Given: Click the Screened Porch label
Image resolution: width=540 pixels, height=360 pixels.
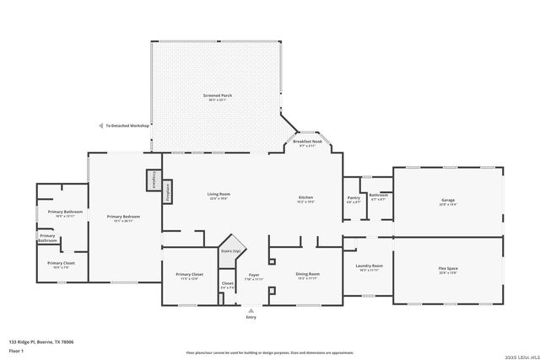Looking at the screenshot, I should click(x=218, y=96).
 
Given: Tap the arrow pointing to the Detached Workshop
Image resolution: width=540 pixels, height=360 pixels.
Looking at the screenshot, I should click(x=100, y=126).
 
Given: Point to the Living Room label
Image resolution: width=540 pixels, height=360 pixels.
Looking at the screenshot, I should click(x=219, y=195).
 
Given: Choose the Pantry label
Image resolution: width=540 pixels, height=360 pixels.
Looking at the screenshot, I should click(x=354, y=197).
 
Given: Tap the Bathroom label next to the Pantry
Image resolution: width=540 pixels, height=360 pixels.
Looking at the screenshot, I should click(x=379, y=195).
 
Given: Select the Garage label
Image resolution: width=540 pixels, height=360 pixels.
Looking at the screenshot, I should click(x=447, y=201).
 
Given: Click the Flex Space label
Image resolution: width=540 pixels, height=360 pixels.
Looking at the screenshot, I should click(x=447, y=269).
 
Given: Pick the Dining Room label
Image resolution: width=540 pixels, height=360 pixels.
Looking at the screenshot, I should click(x=308, y=274).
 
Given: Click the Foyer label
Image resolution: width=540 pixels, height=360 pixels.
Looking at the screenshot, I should click(x=253, y=275).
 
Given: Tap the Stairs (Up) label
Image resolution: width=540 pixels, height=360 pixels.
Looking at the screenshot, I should click(x=231, y=251).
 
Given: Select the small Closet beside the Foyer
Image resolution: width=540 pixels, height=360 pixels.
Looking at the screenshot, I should click(x=228, y=283).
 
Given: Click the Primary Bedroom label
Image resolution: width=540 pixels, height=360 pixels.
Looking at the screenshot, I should click(x=123, y=217).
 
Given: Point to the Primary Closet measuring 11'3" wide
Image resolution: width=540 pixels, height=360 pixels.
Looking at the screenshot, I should click(x=188, y=275).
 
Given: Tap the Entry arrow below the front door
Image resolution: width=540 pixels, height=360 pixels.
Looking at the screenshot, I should click(x=251, y=309).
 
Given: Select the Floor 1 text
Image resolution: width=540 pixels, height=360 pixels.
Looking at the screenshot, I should click(x=17, y=350).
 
